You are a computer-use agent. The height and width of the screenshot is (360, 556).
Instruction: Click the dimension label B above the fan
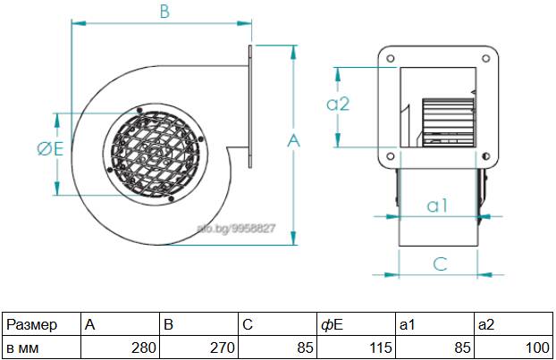(x=164, y=12)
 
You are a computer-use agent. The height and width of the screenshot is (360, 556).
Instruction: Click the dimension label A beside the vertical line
(x=293, y=140)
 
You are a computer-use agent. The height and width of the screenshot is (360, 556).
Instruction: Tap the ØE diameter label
(x=50, y=148)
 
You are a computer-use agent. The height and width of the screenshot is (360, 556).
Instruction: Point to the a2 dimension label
(x=338, y=104)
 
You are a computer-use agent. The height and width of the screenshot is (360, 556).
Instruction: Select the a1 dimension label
(x=438, y=205)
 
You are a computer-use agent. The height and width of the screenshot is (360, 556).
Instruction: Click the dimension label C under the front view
(x=440, y=264)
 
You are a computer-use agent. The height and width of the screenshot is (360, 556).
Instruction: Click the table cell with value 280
(x=120, y=347)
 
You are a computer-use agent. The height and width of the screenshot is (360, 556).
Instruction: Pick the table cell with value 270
(x=199, y=347)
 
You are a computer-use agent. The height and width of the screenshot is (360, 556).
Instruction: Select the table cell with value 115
(x=357, y=347)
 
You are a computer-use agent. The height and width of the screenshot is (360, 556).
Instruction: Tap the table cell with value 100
(x=513, y=347)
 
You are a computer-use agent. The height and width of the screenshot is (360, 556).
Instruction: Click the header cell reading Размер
(x=41, y=324)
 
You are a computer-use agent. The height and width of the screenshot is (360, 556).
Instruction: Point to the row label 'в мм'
(x=41, y=347)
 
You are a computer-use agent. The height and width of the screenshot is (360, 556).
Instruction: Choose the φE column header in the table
(x=357, y=324)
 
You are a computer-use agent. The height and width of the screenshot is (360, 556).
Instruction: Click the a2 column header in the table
(x=513, y=324)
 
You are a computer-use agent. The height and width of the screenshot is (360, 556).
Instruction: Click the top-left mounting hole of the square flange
(x=390, y=58)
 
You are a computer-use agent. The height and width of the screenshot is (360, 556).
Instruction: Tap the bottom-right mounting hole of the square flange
(x=485, y=156)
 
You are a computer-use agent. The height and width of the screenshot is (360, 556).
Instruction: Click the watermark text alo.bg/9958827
(x=236, y=229)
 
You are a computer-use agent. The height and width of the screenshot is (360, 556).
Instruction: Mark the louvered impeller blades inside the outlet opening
(x=448, y=122)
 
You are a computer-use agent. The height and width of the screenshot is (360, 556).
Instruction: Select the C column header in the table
(x=278, y=324)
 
